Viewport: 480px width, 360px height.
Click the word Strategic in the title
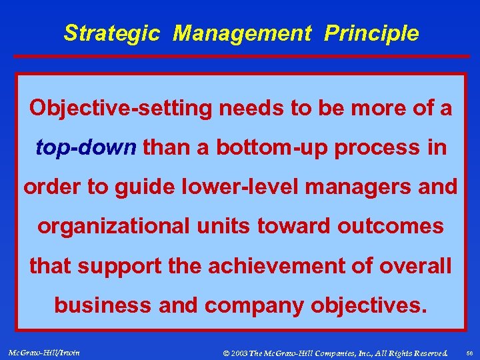111,33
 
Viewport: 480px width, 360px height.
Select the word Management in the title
241,33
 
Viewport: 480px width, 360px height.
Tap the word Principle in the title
371,33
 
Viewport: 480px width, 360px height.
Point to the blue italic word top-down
85,147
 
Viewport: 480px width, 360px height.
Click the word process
379,147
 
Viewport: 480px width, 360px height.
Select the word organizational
113,227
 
